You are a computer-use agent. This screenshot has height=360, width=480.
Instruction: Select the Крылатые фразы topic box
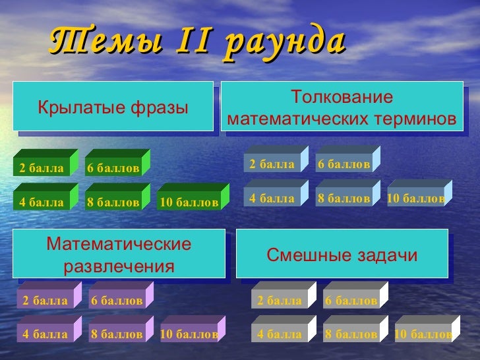coord(113,107)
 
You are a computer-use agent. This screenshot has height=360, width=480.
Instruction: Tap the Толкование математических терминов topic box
coord(341,109)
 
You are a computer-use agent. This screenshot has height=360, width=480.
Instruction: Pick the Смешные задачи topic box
coord(342,255)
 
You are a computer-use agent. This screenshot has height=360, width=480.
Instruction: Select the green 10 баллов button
coord(189,202)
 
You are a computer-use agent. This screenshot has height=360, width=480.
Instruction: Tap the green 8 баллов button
coord(113,202)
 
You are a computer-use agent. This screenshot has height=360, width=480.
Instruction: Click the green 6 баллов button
coord(113,168)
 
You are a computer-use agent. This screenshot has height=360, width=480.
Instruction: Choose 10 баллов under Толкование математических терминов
coord(415,197)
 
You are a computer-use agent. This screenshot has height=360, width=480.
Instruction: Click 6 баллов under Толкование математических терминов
coord(344,164)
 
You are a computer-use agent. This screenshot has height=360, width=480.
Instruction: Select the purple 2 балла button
coord(45,301)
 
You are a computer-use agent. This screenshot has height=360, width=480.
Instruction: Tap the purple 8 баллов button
coord(117,334)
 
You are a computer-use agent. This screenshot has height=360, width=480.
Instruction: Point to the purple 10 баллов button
coord(189,334)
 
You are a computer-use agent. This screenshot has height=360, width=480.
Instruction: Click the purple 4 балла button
coord(45,334)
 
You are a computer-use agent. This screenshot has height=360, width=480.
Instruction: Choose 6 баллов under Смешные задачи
coord(351,301)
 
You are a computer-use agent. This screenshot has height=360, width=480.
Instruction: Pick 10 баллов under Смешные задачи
coord(423,334)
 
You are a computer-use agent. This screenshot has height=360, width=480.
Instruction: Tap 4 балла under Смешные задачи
coord(279,334)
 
